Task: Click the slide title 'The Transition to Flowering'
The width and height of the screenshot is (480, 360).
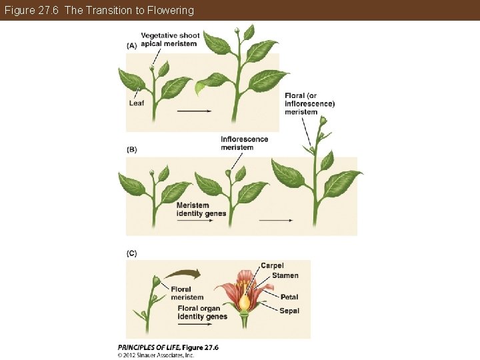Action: click(x=99, y=10)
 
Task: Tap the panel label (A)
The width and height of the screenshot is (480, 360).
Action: click(x=131, y=45)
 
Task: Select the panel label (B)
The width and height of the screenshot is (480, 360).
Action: click(x=131, y=149)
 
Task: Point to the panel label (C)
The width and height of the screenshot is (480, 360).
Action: click(x=131, y=253)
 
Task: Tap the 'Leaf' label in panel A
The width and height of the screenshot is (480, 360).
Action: click(x=136, y=103)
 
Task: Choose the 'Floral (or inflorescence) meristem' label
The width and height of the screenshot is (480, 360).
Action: click(x=309, y=103)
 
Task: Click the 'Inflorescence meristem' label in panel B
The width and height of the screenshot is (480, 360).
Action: click(x=244, y=143)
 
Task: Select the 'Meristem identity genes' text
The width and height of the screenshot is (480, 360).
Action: click(x=201, y=209)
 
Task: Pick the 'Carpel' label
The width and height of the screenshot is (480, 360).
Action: click(x=272, y=265)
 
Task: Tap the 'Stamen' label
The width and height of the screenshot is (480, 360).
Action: click(x=285, y=275)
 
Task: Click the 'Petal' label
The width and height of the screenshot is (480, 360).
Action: click(x=289, y=297)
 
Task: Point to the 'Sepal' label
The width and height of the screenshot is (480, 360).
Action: click(x=289, y=311)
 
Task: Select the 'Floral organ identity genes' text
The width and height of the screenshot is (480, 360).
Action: click(x=203, y=313)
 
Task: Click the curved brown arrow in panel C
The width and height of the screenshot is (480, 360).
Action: click(x=183, y=273)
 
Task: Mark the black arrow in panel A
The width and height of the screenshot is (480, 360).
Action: click(x=195, y=111)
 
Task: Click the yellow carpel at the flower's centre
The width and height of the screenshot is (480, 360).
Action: click(x=245, y=302)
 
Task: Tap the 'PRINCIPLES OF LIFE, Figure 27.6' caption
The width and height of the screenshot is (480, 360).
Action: click(x=168, y=347)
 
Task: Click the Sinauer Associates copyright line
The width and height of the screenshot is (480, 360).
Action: click(x=156, y=355)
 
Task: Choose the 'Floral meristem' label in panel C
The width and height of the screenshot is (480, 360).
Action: click(x=187, y=293)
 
